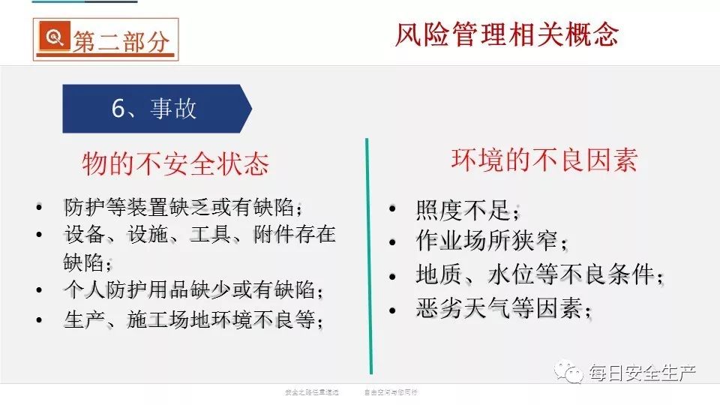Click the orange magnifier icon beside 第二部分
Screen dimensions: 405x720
[x=53, y=38]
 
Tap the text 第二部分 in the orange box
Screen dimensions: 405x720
[x=120, y=40]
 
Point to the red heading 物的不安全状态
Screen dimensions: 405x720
[x=175, y=164]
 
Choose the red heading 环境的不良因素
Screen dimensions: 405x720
[x=544, y=160]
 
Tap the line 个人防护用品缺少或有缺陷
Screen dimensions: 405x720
[x=195, y=289]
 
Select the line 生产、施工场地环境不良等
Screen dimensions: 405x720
[x=193, y=319]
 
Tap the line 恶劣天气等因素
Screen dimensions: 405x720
[x=503, y=307]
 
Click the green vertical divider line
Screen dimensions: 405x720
[x=368, y=255]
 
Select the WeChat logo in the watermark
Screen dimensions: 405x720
[x=571, y=373]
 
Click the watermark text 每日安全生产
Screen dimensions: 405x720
[x=641, y=373]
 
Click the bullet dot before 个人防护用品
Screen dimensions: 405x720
[x=39, y=290]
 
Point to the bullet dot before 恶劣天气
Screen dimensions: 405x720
[x=392, y=308]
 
